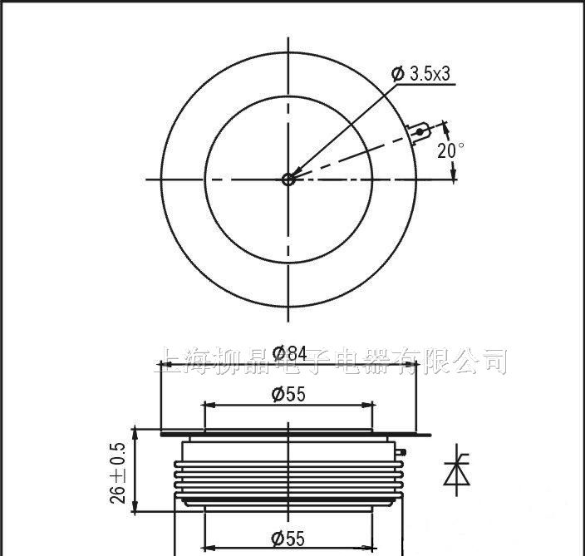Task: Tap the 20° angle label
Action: pos(450,150)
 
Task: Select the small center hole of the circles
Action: pos(288,179)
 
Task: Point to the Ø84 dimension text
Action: pos(289,352)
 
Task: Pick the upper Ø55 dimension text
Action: pos(288,394)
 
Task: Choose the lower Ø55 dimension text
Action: pos(288,539)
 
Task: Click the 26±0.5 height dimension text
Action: pos(120,471)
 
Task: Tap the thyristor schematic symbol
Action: pos(455,471)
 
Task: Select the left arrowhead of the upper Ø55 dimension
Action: pos(209,406)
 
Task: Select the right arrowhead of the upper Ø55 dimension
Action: pos(368,406)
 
